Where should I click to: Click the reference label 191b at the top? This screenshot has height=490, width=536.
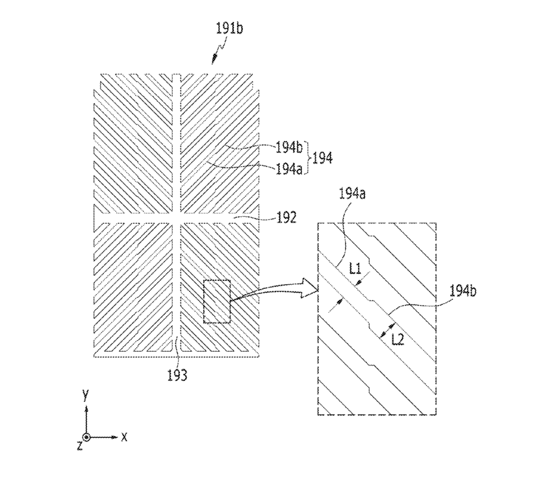click(x=229, y=28)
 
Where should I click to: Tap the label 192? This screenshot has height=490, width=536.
click(x=287, y=217)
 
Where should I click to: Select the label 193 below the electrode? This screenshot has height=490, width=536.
click(x=177, y=375)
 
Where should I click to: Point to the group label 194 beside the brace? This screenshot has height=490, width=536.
click(x=322, y=158)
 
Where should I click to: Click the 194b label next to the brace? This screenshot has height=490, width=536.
click(x=289, y=147)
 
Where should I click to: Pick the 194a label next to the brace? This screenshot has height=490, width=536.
click(x=289, y=169)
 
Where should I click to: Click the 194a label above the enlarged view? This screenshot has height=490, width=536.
click(x=352, y=193)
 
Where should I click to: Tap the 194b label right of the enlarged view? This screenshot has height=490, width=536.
click(x=463, y=291)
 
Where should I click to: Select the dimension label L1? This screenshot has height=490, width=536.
click(x=355, y=269)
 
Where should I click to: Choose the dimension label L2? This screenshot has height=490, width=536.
click(x=398, y=339)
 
